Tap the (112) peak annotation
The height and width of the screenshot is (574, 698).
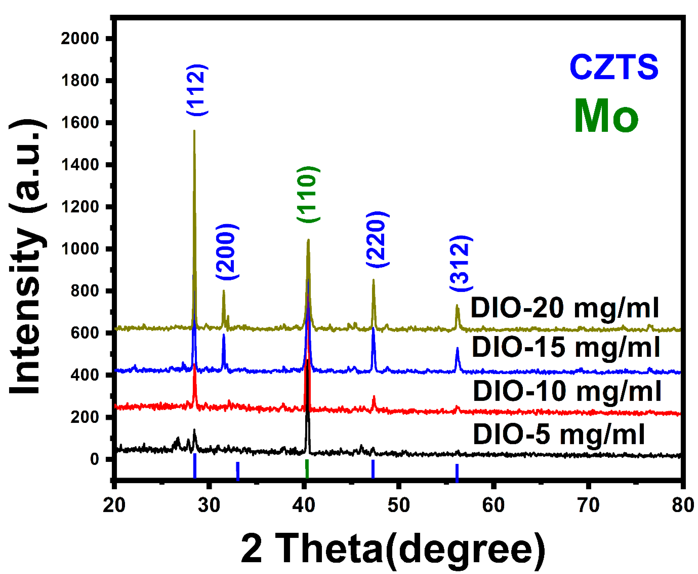pos(197,90)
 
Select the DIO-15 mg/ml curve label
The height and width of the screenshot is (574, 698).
pos(566,347)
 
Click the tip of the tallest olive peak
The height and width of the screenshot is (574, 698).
pos(194,131)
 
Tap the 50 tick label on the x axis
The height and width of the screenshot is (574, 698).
pos(399,505)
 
